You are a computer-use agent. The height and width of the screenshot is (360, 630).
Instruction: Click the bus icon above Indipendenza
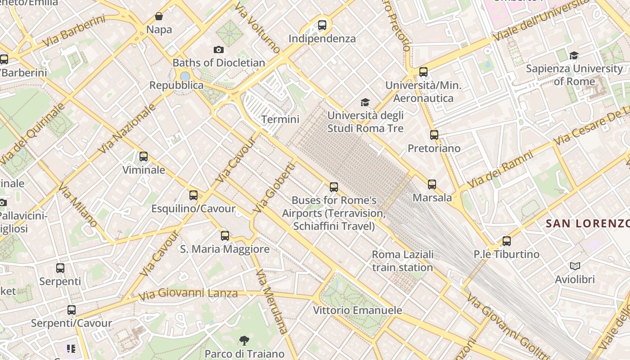322,25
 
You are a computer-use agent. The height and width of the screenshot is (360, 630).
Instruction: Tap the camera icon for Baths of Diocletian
218,49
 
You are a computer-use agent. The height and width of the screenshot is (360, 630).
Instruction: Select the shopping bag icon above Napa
159,17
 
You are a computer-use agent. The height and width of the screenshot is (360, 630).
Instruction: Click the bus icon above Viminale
144,157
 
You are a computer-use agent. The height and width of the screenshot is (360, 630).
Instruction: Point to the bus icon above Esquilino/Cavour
193,195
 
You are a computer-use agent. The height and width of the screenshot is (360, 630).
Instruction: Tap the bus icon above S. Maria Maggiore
225,235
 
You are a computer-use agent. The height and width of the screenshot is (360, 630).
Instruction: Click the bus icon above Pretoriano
434,135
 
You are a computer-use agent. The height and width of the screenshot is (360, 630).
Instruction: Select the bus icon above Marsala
432,184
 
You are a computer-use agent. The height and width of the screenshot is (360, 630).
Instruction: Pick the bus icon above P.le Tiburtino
507,241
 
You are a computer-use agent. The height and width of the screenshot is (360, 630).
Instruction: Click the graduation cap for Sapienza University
574,55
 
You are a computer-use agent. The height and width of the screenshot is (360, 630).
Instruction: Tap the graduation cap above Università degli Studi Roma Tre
365,103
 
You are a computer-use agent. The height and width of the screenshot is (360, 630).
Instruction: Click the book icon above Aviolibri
575,266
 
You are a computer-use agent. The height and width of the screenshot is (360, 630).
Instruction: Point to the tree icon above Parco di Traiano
244,341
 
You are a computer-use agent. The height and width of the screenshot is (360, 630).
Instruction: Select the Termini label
280,119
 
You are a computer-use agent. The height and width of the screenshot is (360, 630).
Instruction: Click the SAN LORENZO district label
587,223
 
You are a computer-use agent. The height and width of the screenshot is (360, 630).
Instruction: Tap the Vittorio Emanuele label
357,310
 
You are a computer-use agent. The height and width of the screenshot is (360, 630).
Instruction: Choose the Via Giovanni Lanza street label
188,294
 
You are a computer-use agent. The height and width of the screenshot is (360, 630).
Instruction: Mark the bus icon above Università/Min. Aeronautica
423,72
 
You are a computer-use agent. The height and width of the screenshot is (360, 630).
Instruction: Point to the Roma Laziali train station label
403,261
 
